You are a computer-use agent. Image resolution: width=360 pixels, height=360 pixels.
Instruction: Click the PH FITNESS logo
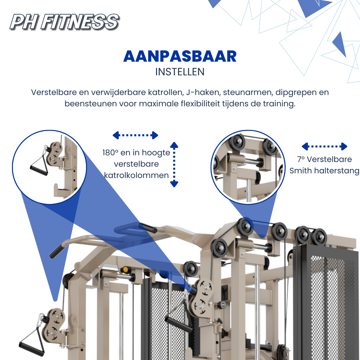tap(64, 22)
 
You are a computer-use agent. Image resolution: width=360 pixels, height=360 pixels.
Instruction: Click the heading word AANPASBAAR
tap(180, 56)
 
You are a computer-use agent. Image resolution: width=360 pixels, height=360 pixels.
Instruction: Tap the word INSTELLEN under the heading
tap(180, 72)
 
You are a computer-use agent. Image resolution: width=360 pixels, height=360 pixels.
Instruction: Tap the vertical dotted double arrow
tap(174, 164)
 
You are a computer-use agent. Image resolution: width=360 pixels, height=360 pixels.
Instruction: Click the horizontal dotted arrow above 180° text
tap(135, 135)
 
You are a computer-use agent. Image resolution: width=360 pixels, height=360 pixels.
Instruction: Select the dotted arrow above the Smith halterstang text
tap(324, 146)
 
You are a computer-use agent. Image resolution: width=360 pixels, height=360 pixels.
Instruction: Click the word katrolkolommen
tap(136, 175)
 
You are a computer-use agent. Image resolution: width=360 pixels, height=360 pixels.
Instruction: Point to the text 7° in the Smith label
tap(301, 159)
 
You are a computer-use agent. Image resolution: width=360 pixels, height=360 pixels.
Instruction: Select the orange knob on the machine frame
tap(125, 269)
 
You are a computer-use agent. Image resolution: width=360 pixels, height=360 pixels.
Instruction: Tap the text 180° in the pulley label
tap(110, 152)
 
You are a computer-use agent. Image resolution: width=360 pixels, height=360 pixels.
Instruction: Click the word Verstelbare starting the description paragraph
tap(54, 92)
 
